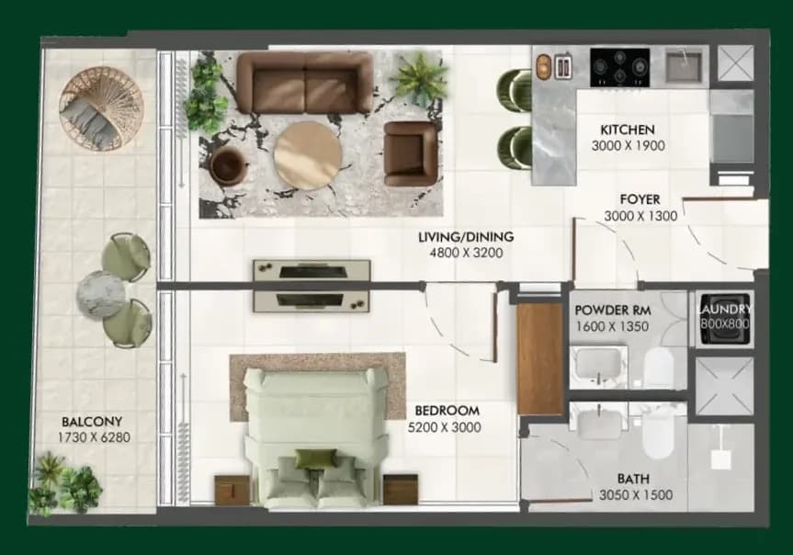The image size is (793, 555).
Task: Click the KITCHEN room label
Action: point(627,130)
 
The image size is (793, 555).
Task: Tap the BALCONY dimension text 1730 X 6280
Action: point(94,437)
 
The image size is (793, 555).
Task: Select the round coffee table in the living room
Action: point(308,154)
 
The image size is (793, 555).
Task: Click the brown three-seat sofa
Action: point(305,83)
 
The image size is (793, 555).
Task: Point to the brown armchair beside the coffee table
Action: point(410,153)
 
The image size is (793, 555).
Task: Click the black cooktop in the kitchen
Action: point(620,67)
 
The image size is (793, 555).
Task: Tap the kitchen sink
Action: point(684,65)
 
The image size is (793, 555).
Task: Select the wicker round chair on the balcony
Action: point(101,108)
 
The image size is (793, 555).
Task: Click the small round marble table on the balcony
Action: point(101,294)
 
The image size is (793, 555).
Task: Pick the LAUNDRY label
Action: point(725,309)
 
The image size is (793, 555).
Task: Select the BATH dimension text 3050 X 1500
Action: point(636,494)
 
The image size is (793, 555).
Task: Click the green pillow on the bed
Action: point(315,459)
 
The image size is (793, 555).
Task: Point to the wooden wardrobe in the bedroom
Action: point(540,358)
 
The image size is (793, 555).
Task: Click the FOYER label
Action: point(640,199)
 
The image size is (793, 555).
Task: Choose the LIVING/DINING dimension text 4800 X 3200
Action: point(466,253)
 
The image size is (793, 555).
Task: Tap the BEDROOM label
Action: point(447,411)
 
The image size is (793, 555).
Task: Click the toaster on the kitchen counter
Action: point(563,66)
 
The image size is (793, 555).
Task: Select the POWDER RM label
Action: point(613,310)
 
